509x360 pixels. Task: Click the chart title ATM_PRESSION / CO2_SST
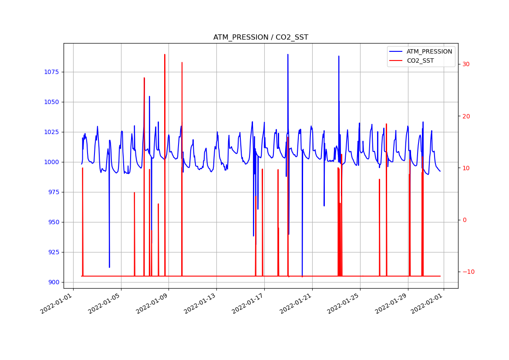pos(260,37)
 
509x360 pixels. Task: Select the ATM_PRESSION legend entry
pos(429,51)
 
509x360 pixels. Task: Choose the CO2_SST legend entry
pos(420,61)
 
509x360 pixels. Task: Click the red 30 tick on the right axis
pos(466,64)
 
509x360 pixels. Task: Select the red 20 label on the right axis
pos(466,116)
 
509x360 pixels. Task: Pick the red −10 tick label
pos(468,272)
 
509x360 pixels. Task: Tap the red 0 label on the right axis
pos(464,220)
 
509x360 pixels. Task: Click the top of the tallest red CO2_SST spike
pos(165,54)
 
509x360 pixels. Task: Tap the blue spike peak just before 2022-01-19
pos(288,54)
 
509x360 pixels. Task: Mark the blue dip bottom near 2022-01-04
pos(109,267)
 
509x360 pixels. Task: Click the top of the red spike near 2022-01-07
pos(144,78)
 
